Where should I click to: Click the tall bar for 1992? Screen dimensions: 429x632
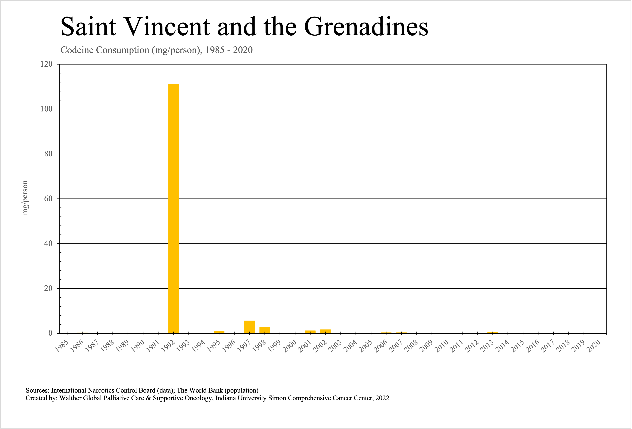(174, 208)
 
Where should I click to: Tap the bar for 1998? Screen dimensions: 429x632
(265, 330)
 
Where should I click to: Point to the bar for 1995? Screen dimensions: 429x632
(219, 332)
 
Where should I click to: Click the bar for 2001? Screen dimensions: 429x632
(310, 332)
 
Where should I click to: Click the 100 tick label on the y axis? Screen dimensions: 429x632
(46, 109)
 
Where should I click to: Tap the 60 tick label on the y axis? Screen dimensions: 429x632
(48, 199)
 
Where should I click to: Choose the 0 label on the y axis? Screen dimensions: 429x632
(50, 333)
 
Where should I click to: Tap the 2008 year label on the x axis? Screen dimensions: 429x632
(411, 346)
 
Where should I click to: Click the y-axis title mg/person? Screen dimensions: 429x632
(25, 198)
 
